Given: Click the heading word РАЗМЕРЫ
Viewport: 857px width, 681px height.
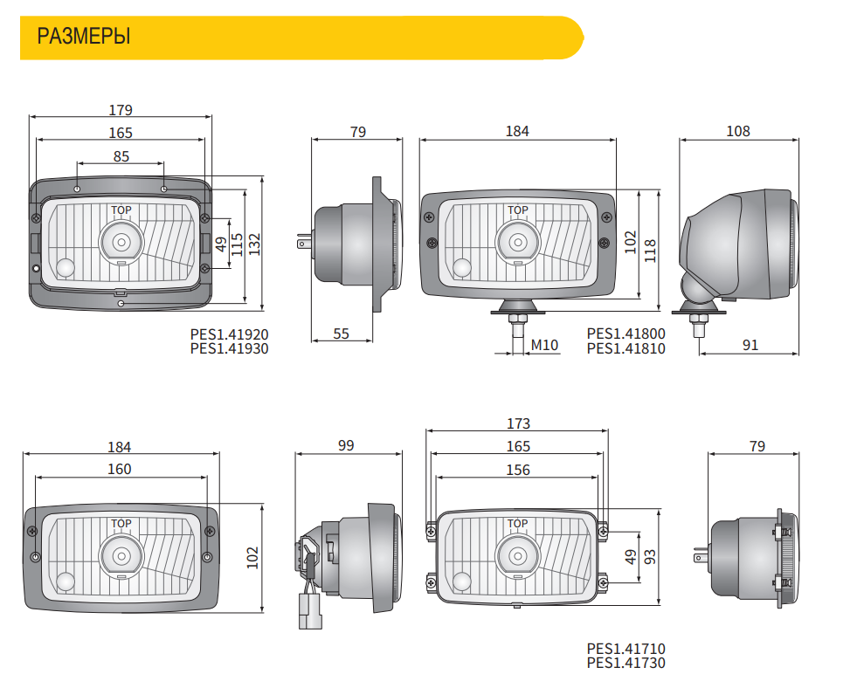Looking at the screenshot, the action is (84, 37).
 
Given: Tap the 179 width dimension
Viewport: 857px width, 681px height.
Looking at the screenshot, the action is (121, 110).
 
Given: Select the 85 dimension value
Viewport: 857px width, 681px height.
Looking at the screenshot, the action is (121, 157).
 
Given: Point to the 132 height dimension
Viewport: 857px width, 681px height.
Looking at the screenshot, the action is (255, 244).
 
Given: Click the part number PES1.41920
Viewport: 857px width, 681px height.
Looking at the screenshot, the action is (230, 334).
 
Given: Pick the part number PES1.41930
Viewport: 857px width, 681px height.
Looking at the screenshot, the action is (230, 349).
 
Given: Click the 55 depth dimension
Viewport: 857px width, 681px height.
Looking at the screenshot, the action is (341, 334).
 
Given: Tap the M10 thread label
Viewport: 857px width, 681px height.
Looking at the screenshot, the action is (544, 345).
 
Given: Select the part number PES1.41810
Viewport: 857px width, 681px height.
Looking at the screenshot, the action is (625, 349).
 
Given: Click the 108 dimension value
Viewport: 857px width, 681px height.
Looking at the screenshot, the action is (738, 131).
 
